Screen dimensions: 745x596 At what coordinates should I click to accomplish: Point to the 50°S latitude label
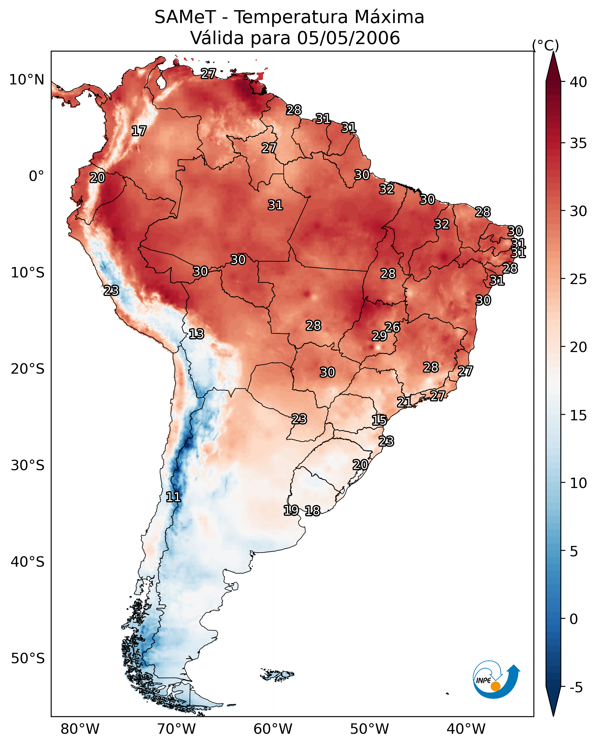(x=28, y=658)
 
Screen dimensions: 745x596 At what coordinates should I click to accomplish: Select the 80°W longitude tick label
(x=80, y=728)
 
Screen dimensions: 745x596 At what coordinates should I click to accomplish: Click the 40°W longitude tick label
(x=466, y=728)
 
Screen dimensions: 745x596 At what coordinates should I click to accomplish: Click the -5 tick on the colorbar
(x=576, y=687)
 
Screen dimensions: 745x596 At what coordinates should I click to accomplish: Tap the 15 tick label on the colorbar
(x=578, y=415)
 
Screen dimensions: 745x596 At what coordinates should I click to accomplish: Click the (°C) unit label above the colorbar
(x=546, y=45)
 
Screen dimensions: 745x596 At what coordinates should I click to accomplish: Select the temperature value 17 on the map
(x=139, y=131)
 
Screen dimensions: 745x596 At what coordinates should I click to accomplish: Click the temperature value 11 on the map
(x=173, y=497)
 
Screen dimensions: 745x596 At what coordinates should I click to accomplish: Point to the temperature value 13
(x=196, y=334)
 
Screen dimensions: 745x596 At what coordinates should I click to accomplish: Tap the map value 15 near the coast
(x=379, y=420)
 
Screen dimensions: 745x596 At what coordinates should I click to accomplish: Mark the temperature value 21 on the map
(x=404, y=402)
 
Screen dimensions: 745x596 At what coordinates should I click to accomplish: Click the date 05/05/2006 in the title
(x=348, y=38)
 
